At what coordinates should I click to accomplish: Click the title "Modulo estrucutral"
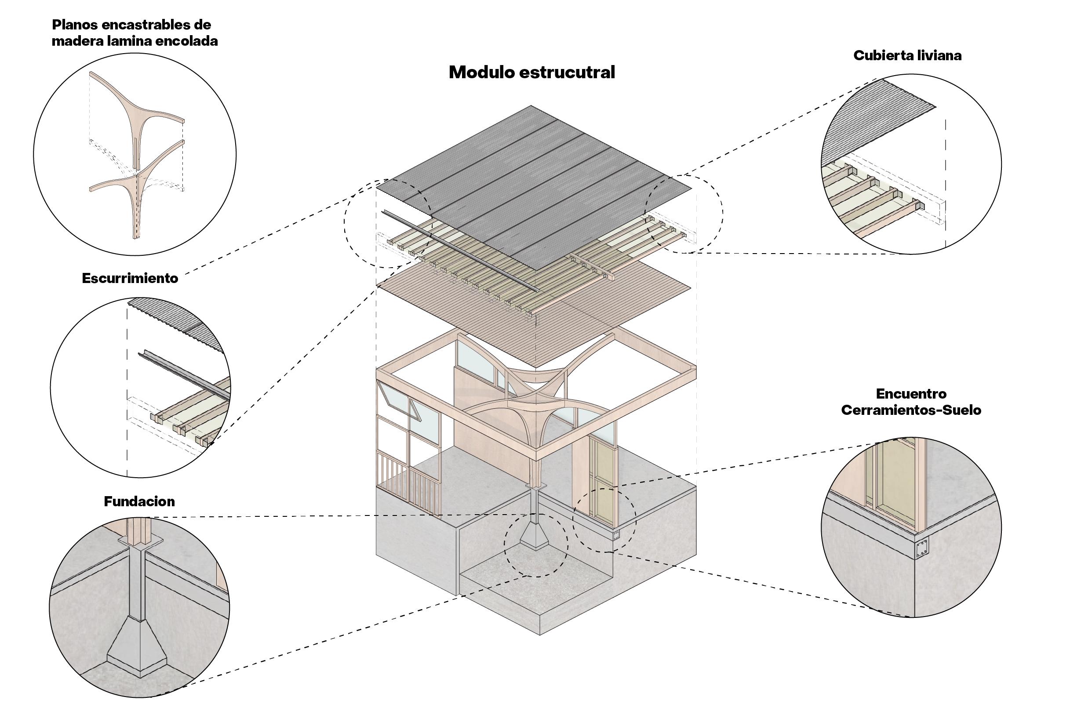[532, 73]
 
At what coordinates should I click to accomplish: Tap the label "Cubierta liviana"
[907, 55]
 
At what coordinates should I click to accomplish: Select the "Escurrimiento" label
[130, 278]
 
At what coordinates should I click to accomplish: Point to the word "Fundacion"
[139, 501]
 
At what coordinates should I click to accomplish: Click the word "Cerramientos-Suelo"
[911, 410]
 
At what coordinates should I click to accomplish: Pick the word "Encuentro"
[911, 394]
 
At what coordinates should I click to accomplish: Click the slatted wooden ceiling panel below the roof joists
[534, 315]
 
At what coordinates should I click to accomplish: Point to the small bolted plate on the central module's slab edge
[616, 535]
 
